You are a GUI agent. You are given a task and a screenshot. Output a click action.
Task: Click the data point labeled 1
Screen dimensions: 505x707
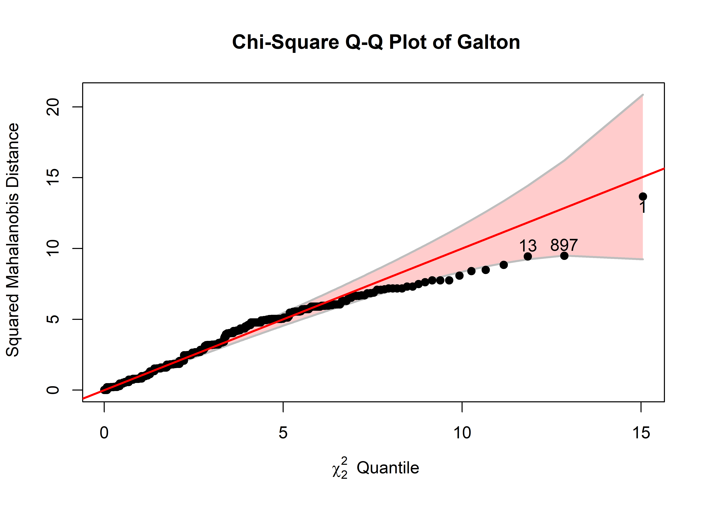click(643, 196)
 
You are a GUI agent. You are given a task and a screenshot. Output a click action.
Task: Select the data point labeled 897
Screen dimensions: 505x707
click(564, 256)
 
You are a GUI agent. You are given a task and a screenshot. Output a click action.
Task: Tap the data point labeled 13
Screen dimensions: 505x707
click(528, 256)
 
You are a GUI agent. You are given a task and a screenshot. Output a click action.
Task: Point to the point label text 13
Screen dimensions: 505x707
click(528, 246)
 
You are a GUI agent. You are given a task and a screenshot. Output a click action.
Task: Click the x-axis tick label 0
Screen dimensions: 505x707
click(104, 433)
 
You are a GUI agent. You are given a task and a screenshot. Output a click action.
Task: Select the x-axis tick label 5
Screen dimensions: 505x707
click(283, 433)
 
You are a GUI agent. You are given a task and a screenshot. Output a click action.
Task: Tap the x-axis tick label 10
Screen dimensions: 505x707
click(462, 433)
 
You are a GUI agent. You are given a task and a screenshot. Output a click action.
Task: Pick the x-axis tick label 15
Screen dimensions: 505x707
click(641, 433)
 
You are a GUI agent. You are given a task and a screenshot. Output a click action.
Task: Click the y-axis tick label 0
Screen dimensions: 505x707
click(53, 390)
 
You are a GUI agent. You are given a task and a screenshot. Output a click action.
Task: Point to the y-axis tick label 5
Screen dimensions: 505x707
click(53, 319)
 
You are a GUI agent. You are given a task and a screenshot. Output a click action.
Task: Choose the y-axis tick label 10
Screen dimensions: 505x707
click(53, 248)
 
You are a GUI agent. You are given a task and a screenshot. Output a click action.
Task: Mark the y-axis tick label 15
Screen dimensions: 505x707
click(53, 178)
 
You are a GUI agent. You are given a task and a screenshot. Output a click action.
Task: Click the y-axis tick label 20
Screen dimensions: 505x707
click(53, 107)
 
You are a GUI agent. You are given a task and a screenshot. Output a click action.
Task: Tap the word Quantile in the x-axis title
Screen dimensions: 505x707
click(388, 468)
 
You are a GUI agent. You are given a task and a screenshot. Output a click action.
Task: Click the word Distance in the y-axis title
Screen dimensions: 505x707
click(13, 156)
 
